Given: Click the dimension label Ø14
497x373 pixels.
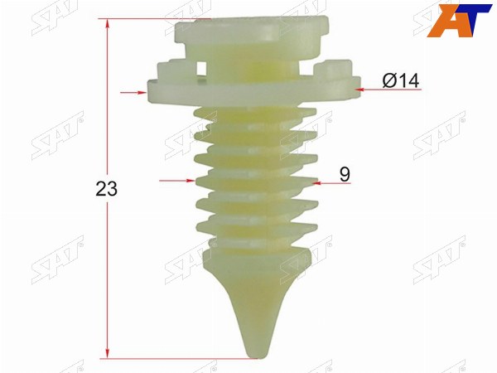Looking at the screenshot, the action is coord(400,80).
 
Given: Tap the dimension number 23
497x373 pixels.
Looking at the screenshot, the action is coord(106,189).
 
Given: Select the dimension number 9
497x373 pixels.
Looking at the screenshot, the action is coord(345,174).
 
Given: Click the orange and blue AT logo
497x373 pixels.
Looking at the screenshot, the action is coord(459,21).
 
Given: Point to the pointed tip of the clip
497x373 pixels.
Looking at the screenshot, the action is coord(258,357).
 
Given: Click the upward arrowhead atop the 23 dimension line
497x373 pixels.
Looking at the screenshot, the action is coord(108,24).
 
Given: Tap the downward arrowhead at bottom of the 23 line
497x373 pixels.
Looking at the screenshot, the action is coord(108,353).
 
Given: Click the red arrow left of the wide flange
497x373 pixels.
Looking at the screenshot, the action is coord(133,93).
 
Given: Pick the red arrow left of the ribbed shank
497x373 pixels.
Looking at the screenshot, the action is coord(177,181).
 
